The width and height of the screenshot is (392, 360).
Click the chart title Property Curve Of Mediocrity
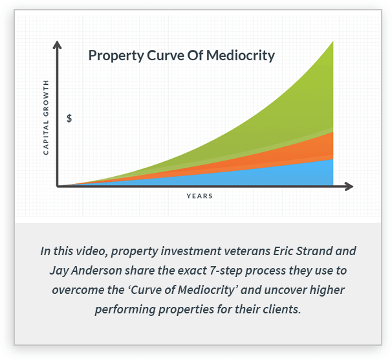click(x=182, y=56)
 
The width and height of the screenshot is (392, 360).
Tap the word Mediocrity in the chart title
click(x=241, y=56)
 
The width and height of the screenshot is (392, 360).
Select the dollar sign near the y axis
click(x=69, y=118)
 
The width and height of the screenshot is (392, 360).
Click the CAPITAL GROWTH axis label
click(x=46, y=118)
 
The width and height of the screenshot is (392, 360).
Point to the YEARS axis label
click(x=199, y=196)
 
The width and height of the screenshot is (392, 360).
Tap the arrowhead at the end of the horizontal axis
click(x=349, y=186)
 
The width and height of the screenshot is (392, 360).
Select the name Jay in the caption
click(x=59, y=271)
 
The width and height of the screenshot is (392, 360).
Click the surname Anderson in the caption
click(x=97, y=271)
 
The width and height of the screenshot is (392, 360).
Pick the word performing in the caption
click(x=126, y=310)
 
